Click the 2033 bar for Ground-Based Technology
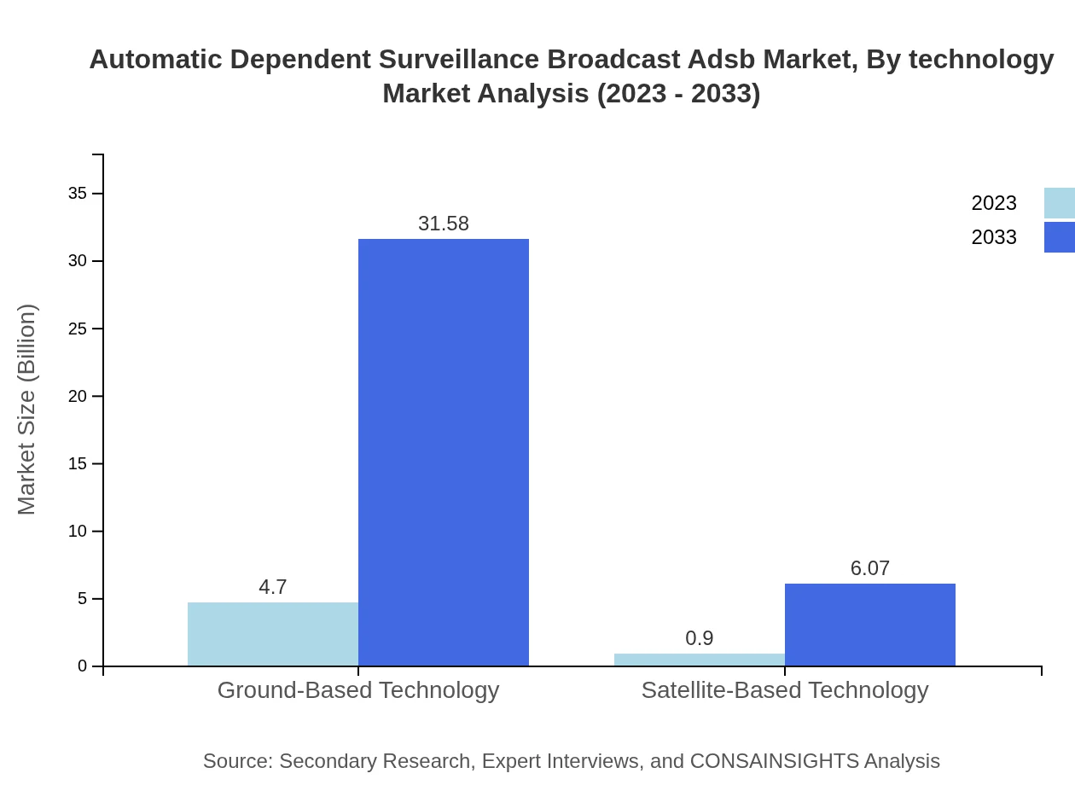pos(444,452)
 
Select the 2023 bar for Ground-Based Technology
pos(273,634)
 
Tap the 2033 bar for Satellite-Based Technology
pos(870,625)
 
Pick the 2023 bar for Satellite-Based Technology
pos(700,660)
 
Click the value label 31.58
pos(444,224)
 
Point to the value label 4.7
pos(273,587)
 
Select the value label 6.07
pos(870,568)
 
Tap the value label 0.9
pos(700,638)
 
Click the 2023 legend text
pos(994,203)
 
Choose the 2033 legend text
pos(994,237)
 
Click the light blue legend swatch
pos(1059,203)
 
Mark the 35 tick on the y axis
pos(78,194)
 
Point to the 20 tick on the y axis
pos(78,396)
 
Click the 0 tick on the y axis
pos(83,666)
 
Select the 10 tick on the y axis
pos(78,532)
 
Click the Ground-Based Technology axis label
pos(358,689)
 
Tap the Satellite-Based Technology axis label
pos(785,689)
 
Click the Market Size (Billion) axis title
pos(26,410)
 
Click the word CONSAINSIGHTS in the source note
pos(774,761)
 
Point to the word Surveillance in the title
pos(457,60)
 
